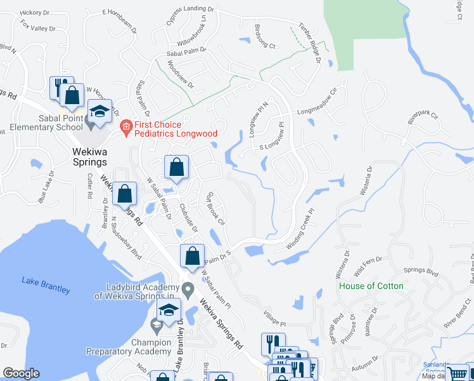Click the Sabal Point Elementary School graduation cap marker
pos(99,111)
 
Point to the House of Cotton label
pos(371,286)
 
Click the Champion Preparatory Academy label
pos(129,347)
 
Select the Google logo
pos(21,374)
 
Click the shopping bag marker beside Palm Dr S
pos(192,256)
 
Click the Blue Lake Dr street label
pos(47,190)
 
